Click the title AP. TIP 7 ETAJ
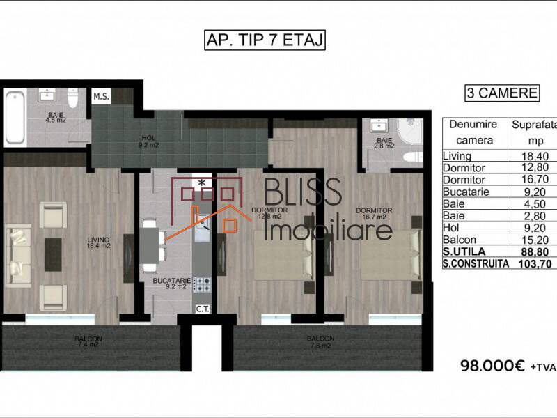(x=265, y=40)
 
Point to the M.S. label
(x=102, y=97)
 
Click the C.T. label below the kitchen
(x=203, y=308)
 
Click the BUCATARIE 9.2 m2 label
(x=171, y=283)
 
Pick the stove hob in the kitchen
(x=202, y=284)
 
